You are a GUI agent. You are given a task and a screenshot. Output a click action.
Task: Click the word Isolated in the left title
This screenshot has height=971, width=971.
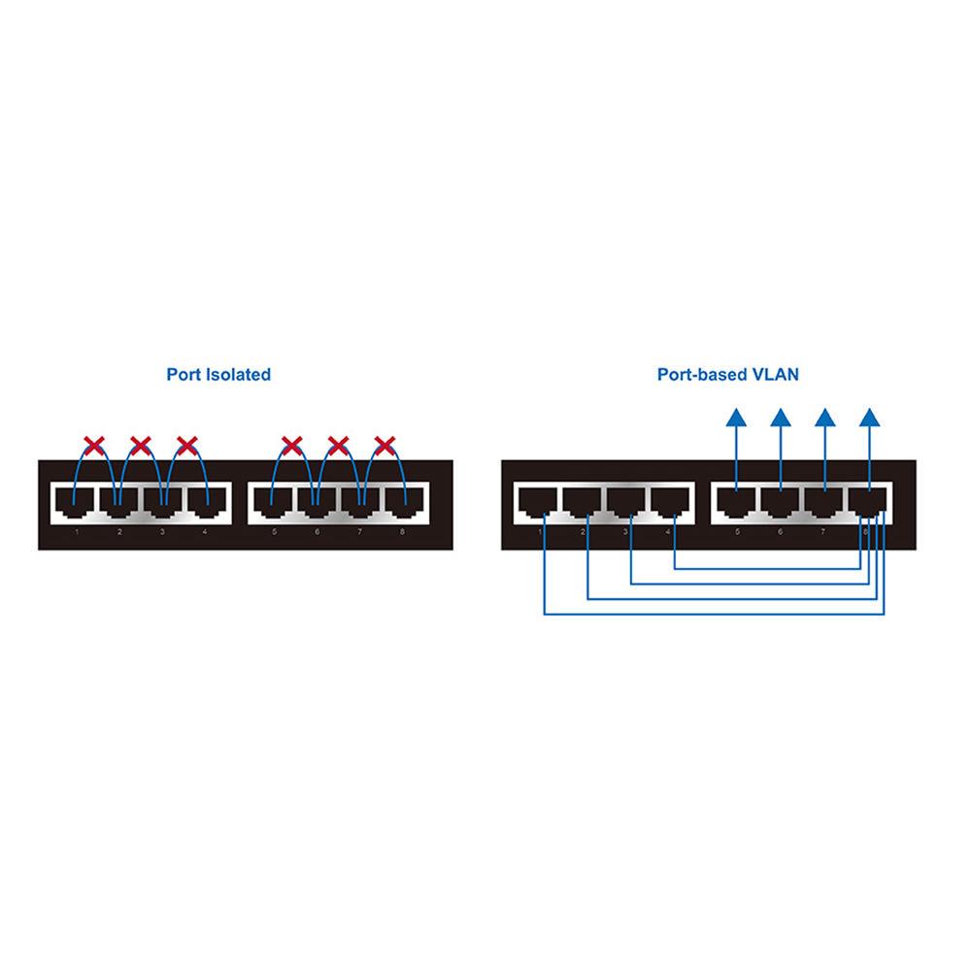point(238,374)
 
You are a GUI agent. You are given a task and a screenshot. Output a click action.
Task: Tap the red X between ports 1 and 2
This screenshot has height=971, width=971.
point(94,447)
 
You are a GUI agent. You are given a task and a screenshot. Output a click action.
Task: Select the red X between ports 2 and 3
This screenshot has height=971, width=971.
point(141,447)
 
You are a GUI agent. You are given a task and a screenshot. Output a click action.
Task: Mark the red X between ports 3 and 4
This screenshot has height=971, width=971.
point(186,447)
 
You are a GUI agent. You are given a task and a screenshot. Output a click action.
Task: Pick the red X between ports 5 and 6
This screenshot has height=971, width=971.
point(291,447)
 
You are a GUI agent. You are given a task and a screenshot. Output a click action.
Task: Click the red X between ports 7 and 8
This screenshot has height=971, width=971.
point(385,447)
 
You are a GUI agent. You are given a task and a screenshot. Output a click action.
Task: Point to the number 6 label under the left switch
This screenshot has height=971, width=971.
point(317,533)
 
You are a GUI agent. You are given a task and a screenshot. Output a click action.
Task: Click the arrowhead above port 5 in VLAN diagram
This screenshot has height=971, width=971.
point(736,419)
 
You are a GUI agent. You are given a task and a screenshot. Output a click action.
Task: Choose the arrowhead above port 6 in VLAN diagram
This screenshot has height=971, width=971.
point(780,419)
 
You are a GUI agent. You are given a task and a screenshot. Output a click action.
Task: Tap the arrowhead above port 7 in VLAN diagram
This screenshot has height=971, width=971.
point(825,419)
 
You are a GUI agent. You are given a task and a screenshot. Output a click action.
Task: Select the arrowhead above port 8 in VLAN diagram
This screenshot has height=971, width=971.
point(870,419)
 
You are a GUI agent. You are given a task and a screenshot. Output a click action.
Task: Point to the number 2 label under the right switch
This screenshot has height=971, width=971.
point(583,533)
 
